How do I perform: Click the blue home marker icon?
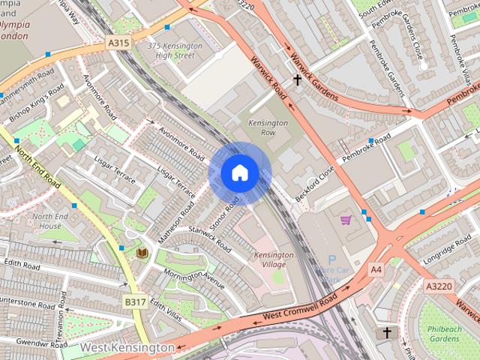point(239,173)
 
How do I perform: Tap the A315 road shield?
point(118,43)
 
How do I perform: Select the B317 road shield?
point(135,301)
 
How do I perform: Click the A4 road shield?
point(376,268)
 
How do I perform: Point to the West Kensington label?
point(127,348)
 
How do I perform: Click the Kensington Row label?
point(268,127)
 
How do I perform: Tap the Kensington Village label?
point(274,260)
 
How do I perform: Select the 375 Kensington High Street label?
point(170,50)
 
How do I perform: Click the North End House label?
point(46,221)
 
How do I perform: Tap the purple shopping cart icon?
point(346,220)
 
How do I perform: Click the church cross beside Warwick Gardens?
point(297,79)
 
